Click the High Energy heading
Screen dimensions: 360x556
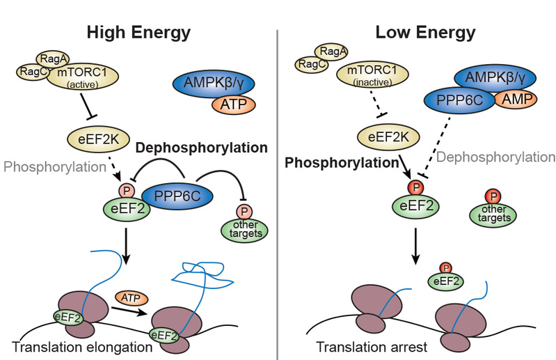tap(138, 32)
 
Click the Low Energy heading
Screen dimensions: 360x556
tap(415, 32)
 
